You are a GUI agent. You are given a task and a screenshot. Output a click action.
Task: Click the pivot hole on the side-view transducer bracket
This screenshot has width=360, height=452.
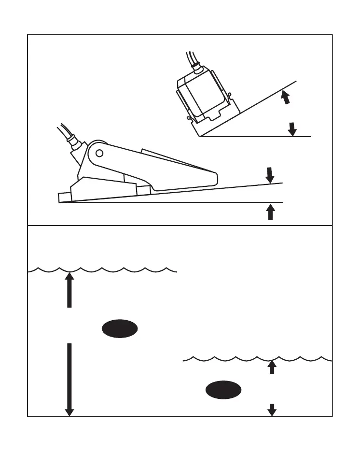(x=99, y=154)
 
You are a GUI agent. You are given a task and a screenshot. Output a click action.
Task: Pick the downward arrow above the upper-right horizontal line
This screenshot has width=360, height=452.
(x=292, y=128)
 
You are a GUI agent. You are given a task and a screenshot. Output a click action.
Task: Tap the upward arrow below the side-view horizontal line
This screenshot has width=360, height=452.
(x=271, y=212)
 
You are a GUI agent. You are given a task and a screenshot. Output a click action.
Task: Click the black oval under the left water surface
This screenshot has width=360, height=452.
(x=120, y=328)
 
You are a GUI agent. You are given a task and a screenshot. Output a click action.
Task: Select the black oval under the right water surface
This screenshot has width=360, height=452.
(x=223, y=389)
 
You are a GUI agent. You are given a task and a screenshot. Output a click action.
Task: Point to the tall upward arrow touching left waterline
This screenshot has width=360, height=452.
(x=69, y=290)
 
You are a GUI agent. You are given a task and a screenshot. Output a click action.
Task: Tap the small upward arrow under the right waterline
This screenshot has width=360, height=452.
(x=272, y=367)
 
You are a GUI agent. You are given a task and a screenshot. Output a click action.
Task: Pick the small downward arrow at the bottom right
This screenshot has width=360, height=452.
(x=272, y=410)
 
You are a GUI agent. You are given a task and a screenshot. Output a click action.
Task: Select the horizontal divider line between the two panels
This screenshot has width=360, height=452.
(x=180, y=226)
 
